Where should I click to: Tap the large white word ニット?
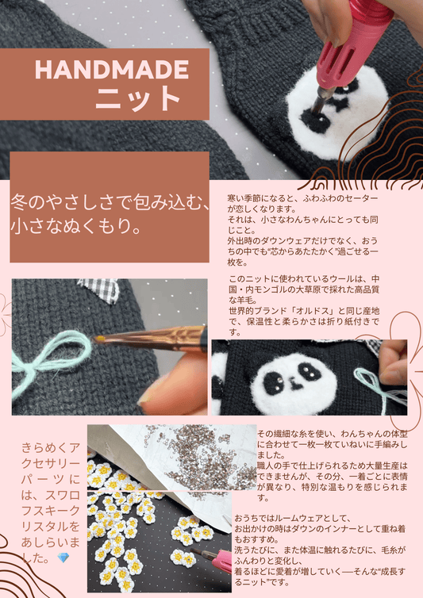[x=140, y=99]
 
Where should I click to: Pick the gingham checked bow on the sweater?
[x=103, y=290]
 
